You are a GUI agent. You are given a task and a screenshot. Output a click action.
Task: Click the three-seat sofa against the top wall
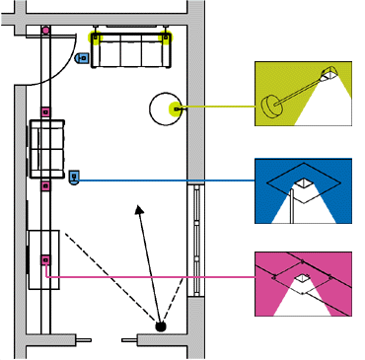point(130,50)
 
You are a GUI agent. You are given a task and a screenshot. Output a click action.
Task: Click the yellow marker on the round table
point(175,108)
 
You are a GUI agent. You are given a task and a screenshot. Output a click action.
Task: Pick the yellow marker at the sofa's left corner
point(96,39)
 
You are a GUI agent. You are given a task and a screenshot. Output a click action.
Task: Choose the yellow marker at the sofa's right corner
point(166,39)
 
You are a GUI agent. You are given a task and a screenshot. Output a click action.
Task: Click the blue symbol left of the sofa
point(82,57)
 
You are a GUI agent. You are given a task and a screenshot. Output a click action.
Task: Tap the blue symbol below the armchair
point(74,179)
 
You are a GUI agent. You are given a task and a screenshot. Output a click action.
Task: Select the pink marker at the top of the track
point(45,30)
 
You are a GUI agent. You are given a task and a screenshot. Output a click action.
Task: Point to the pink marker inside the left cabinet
point(45,259)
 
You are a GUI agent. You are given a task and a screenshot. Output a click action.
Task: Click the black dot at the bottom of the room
point(161,324)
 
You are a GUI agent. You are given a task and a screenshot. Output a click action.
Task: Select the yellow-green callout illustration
point(304,93)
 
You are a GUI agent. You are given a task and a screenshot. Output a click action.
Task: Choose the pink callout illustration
point(304,284)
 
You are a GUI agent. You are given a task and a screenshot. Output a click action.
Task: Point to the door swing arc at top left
point(65,54)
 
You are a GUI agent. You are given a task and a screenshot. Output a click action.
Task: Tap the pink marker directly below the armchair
point(44,183)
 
